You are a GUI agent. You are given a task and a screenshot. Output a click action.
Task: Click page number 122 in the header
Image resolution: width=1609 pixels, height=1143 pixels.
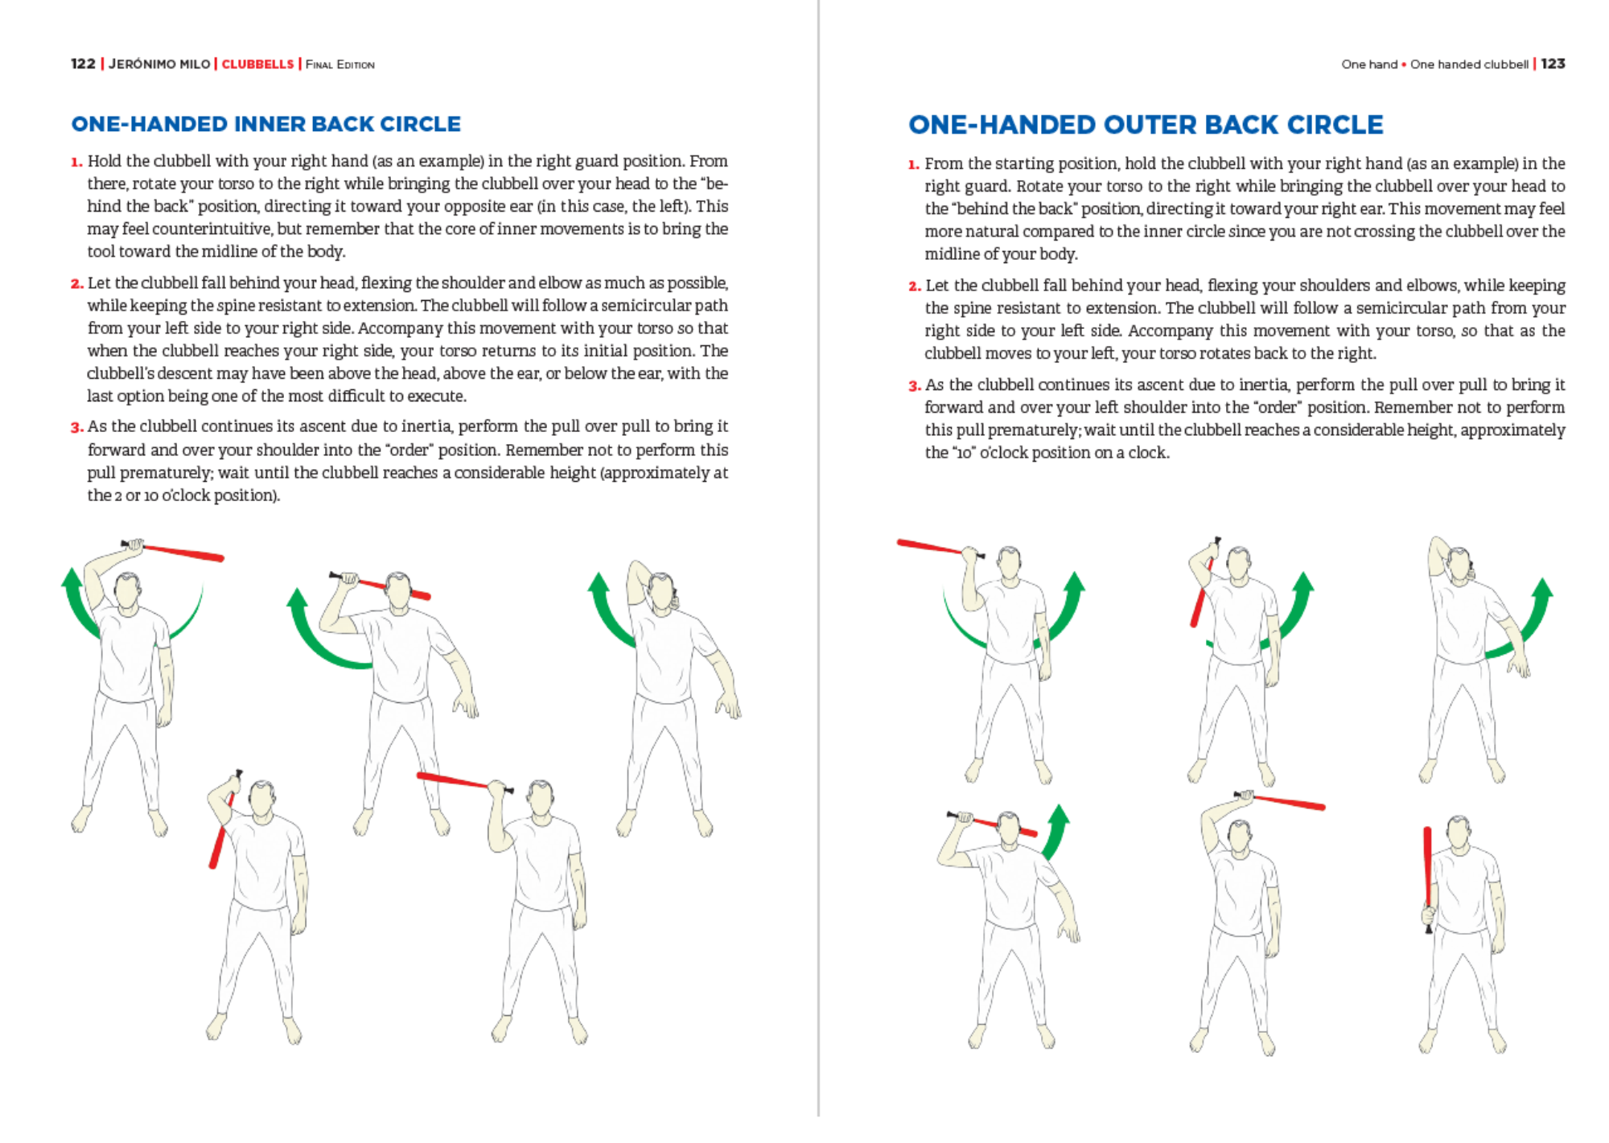tap(83, 64)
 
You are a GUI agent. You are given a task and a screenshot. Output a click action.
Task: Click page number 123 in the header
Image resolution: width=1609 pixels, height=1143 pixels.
tap(1553, 64)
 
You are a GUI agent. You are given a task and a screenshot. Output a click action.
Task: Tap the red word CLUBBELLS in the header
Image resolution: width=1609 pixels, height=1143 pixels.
tap(257, 64)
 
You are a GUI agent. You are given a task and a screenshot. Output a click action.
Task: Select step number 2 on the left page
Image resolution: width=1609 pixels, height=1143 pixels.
tap(77, 283)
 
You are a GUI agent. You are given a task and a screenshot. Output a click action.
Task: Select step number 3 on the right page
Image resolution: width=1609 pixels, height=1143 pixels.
tap(915, 385)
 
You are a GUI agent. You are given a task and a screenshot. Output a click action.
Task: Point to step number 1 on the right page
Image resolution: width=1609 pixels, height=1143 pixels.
tap(914, 164)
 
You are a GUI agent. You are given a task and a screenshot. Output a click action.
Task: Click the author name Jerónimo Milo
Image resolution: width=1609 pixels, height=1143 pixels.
tap(159, 64)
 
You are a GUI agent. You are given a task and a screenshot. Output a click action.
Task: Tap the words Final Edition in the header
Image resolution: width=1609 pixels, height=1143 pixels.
tap(339, 64)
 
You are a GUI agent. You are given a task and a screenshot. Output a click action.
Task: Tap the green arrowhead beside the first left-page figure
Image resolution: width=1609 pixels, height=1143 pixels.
tap(72, 581)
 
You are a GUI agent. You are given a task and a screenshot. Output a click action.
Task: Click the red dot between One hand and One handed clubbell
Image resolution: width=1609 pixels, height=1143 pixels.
tap(1404, 64)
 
